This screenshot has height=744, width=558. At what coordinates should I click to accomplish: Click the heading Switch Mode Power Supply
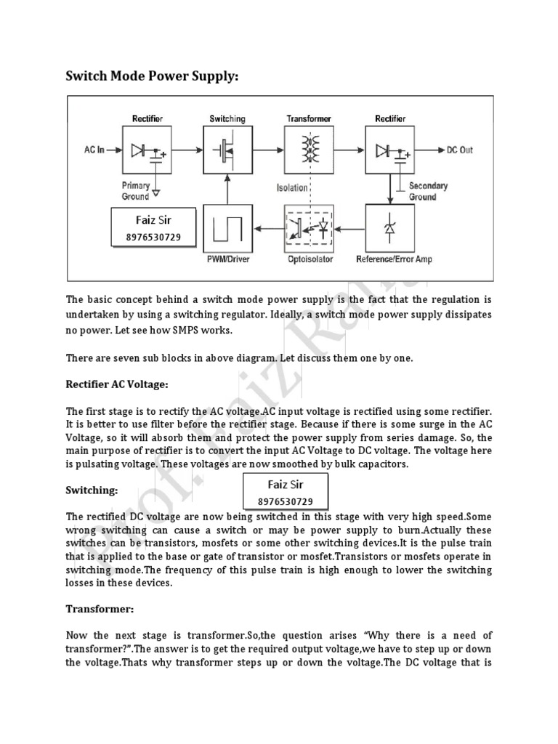click(152, 76)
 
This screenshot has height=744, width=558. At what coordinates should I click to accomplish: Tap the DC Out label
click(458, 150)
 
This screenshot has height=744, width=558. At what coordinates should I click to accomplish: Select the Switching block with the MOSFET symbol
click(227, 150)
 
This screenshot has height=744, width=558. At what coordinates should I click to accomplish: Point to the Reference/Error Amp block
click(393, 228)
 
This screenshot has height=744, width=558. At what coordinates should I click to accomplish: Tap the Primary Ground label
click(136, 190)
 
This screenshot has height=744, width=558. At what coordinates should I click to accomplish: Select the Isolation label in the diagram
click(291, 188)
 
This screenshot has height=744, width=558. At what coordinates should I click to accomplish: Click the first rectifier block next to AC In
click(147, 150)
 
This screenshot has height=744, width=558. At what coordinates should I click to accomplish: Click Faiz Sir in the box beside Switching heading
click(285, 485)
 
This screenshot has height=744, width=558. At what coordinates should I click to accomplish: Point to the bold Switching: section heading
click(92, 490)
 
